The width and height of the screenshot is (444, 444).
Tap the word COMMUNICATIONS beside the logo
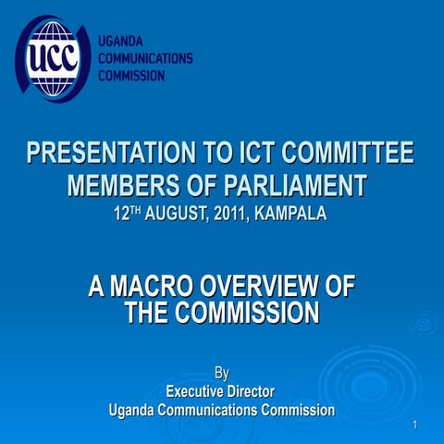click(x=145, y=58)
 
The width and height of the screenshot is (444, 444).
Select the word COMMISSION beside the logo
click(x=132, y=75)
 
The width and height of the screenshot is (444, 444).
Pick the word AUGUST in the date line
click(x=186, y=215)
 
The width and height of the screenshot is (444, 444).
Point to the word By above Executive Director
click(x=222, y=374)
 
